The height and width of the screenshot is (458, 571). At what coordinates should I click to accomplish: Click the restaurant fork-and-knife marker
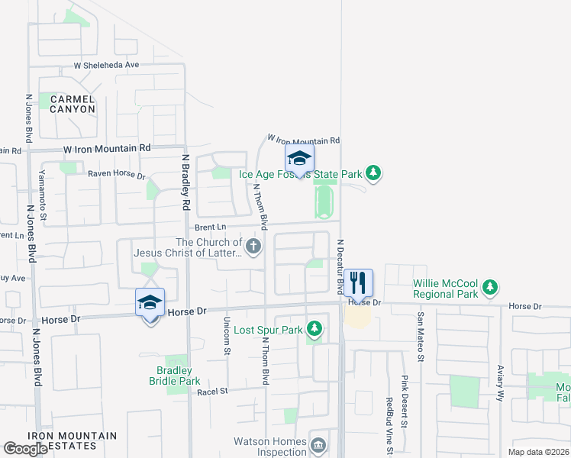tap(358, 284)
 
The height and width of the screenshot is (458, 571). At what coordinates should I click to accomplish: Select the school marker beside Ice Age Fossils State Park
tap(299, 160)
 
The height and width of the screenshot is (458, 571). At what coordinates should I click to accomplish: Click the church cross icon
tap(253, 246)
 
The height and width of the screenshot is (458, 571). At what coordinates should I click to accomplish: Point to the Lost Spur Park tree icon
tap(314, 330)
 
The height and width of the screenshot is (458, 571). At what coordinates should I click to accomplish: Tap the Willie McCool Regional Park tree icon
tap(489, 289)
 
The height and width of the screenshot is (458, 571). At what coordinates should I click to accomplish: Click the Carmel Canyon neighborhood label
tap(73, 104)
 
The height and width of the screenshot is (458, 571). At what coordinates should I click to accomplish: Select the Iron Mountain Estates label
tap(73, 440)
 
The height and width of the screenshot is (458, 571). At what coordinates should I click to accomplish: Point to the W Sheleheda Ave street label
tap(106, 65)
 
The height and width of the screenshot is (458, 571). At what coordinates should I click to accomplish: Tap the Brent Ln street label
tap(211, 227)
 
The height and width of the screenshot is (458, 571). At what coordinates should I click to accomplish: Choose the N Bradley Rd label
tap(185, 182)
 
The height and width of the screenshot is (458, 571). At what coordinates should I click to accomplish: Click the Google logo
tap(26, 449)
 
